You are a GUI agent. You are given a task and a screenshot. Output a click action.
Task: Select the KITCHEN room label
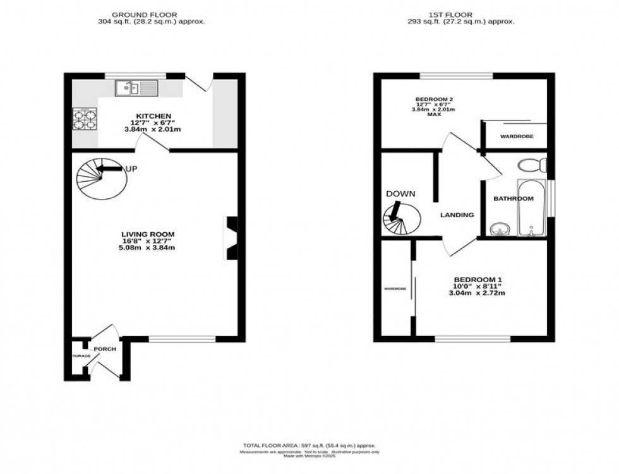[x=151, y=116]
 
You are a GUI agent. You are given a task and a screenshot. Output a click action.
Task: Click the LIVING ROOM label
[x=148, y=234]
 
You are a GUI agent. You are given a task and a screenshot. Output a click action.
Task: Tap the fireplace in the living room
[x=231, y=238]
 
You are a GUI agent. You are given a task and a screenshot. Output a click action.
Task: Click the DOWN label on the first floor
[x=400, y=194]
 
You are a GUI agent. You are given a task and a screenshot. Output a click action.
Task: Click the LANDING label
[x=457, y=215]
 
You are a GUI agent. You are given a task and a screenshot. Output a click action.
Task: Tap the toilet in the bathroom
[x=530, y=166]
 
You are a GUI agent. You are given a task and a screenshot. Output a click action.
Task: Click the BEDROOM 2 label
[x=434, y=99]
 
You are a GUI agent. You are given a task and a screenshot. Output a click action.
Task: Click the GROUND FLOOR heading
[x=144, y=14]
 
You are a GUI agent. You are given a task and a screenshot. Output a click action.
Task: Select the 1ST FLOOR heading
[x=462, y=14]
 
